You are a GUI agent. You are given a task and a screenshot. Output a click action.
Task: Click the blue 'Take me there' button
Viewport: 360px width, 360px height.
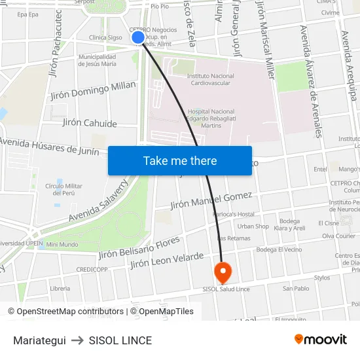[x=180, y=160]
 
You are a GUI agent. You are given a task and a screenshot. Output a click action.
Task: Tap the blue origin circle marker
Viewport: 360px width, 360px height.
[x=138, y=37]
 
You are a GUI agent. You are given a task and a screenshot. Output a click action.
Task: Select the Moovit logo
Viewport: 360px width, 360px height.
[x=320, y=340]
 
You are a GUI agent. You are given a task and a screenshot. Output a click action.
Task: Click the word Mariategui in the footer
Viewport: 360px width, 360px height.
[x=39, y=340]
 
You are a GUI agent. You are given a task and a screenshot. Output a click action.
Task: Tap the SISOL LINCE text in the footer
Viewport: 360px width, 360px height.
[x=120, y=340]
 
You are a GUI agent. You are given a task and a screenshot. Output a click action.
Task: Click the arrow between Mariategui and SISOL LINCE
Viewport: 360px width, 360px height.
[x=77, y=340]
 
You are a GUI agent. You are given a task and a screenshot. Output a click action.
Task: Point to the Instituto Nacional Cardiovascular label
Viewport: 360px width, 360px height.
[x=211, y=80]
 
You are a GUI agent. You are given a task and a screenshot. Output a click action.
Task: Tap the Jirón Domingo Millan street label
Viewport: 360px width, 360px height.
[x=94, y=90]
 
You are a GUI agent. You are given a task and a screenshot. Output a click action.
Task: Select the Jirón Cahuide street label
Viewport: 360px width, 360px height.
[x=90, y=123]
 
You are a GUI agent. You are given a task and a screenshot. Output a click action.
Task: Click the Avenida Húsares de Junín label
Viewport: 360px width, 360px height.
[x=50, y=146]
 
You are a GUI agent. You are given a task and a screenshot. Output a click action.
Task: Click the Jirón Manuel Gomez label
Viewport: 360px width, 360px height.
[x=211, y=200]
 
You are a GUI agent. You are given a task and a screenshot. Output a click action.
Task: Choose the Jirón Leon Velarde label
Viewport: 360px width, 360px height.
[x=167, y=261]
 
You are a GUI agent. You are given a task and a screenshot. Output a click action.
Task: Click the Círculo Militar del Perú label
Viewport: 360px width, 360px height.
[x=63, y=189]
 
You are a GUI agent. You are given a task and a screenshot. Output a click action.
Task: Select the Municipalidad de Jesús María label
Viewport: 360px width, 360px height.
[x=97, y=60]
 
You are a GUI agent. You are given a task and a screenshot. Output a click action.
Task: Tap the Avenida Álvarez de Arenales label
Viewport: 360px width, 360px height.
[x=310, y=81]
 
